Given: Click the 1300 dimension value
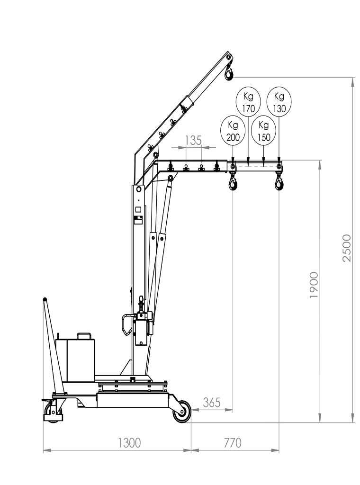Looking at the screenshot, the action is pyautogui.click(x=129, y=443).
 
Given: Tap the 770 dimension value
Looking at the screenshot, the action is pyautogui.click(x=232, y=443).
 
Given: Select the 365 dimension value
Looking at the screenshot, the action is pyautogui.click(x=212, y=403).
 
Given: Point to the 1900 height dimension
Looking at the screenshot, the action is pyautogui.click(x=314, y=285).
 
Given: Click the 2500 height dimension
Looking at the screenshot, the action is pyautogui.click(x=347, y=248).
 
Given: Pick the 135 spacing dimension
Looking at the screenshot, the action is pyautogui.click(x=193, y=140).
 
